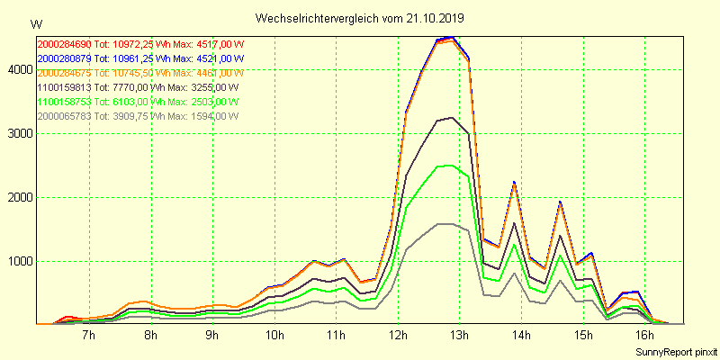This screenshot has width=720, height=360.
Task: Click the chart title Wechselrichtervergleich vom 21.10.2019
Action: [x=359, y=18]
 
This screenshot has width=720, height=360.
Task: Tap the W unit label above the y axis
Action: [x=35, y=23]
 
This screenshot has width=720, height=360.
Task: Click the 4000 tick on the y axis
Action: [x=18, y=69]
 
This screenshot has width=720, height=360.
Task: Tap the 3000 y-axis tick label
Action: [x=18, y=133]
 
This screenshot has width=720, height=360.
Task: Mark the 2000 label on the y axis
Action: [x=18, y=197]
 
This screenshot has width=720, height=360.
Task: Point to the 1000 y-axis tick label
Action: [x=18, y=262]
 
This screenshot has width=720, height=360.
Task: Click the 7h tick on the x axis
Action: [x=89, y=336]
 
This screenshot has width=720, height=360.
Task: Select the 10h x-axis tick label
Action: [x=274, y=336]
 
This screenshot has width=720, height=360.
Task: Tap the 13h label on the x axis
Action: [x=459, y=336]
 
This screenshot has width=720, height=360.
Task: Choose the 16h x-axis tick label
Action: [x=644, y=336]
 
